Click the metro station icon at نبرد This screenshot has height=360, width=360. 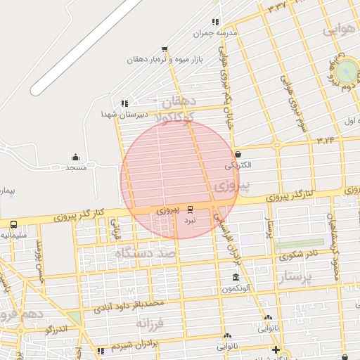(x=190, y=209)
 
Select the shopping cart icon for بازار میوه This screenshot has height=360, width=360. (x=165, y=49)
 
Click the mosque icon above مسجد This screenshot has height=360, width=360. (x=75, y=157)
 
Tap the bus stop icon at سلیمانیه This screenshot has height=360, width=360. (x=14, y=224)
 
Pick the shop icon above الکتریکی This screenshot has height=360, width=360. (x=238, y=155)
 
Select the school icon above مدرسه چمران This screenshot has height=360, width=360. (x=214, y=22)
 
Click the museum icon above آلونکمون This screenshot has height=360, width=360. (x=235, y=278)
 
